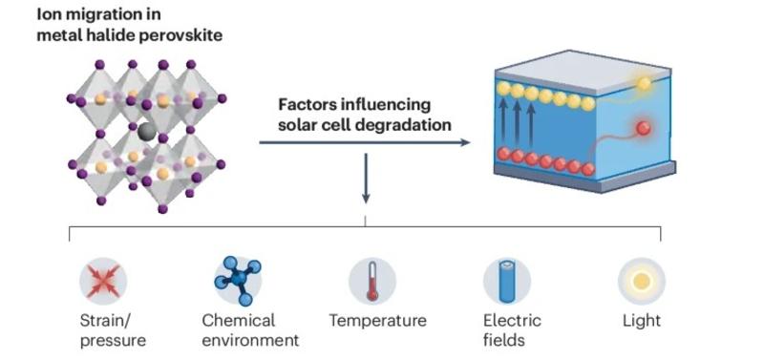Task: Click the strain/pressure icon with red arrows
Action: point(102,281)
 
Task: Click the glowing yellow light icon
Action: point(641,281)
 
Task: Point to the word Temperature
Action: point(377,321)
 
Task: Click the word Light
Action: point(641,321)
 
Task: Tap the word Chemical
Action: point(238,321)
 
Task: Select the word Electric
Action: point(512,321)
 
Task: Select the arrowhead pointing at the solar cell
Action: point(465,143)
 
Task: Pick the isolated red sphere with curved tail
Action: point(644,128)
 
